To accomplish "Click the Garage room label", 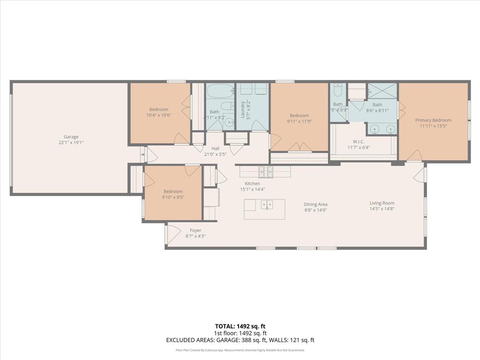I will tap(71, 137).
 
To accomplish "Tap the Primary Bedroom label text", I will tap(433, 120).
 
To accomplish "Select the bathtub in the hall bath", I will tap(220, 90).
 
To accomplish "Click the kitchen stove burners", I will tap(266, 172).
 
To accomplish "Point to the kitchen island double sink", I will tap(267, 205).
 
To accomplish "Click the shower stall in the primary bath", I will tap(382, 90).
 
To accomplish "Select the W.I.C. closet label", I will tap(359, 142).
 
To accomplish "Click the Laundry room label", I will tap(243, 109).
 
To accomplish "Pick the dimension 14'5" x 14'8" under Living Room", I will tap(382, 209).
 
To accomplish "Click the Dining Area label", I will tap(315, 204).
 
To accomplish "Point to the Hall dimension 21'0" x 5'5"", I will tap(215, 154).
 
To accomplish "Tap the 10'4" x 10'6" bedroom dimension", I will tap(158, 115).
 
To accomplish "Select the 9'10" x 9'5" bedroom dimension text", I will tap(173, 197).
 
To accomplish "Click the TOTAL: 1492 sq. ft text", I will tap(240, 326).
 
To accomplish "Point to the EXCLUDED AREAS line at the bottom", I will tap(240, 340).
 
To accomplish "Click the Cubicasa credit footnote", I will tap(240, 350).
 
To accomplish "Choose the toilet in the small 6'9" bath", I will tap(338, 91).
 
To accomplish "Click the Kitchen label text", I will tap(252, 183).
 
